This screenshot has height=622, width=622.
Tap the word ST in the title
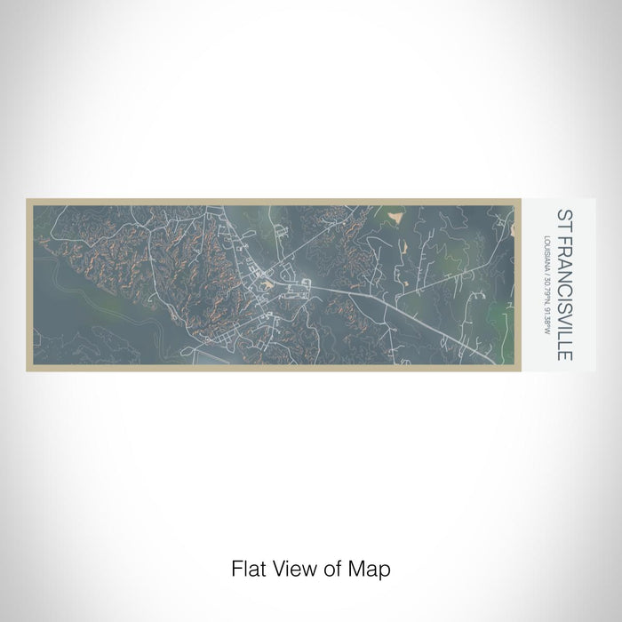(563, 219)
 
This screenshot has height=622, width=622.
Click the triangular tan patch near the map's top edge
(396, 214)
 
